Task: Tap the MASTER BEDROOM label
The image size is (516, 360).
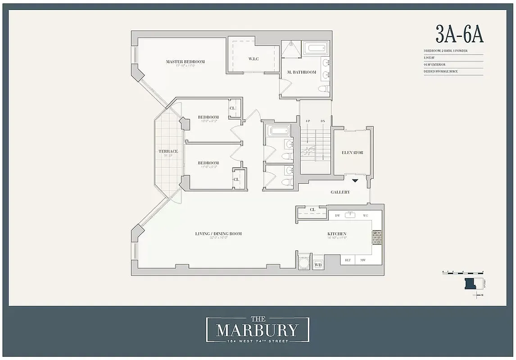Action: pyautogui.click(x=185, y=62)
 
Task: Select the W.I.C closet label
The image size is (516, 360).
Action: pyautogui.click(x=253, y=59)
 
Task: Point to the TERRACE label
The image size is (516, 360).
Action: pyautogui.click(x=168, y=152)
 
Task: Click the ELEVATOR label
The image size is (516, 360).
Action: pyautogui.click(x=352, y=153)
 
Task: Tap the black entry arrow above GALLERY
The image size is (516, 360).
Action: pyautogui.click(x=355, y=181)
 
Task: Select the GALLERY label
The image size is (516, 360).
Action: pyautogui.click(x=340, y=192)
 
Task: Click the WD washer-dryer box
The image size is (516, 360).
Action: pyautogui.click(x=318, y=265)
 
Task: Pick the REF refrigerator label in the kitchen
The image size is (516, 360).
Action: pyautogui.click(x=348, y=260)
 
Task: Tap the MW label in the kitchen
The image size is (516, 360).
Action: pyautogui.click(x=362, y=260)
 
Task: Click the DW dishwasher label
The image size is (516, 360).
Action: pyautogui.click(x=337, y=216)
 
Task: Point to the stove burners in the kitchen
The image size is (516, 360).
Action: pyautogui.click(x=377, y=236)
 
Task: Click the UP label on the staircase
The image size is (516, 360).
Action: pyautogui.click(x=308, y=121)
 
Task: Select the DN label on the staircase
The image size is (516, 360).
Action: pyautogui.click(x=322, y=121)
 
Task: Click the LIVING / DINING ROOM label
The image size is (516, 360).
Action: pyautogui.click(x=218, y=234)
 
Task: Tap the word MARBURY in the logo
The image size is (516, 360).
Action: pyautogui.click(x=257, y=331)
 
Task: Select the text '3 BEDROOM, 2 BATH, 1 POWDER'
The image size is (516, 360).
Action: pyautogui.click(x=445, y=51)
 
